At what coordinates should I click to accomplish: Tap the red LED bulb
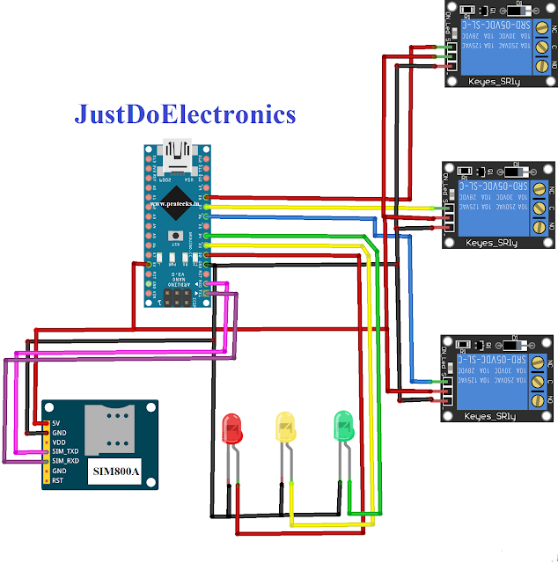[x=233, y=428]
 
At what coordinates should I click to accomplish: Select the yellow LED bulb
[x=286, y=428]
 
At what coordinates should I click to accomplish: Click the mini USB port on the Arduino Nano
[x=180, y=158]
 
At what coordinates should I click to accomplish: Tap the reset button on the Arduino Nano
[x=180, y=236]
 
